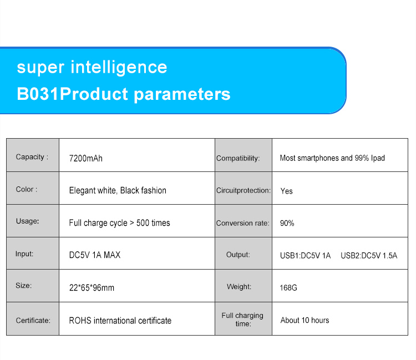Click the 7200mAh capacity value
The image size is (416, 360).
pyautogui.click(x=85, y=159)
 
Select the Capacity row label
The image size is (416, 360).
pyautogui.click(x=32, y=157)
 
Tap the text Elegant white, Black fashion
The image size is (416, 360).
pyautogui.click(x=118, y=190)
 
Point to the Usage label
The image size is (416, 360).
pyautogui.click(x=27, y=221)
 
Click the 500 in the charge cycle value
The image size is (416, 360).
pyautogui.click(x=143, y=223)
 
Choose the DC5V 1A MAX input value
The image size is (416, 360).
pyautogui.click(x=95, y=255)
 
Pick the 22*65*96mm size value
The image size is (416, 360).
pyautogui.click(x=92, y=287)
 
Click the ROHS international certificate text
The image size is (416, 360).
pyautogui.click(x=120, y=321)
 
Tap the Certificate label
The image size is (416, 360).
pyautogui.click(x=33, y=321)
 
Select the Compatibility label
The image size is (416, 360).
pyautogui.click(x=238, y=158)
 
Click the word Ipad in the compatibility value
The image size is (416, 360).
pyautogui.click(x=378, y=158)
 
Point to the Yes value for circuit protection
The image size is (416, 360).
pyautogui.click(x=287, y=191)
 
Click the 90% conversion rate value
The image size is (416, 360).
pyautogui.click(x=287, y=223)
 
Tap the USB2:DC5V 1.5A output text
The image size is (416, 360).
pyautogui.click(x=369, y=256)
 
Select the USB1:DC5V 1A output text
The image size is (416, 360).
pyautogui.click(x=306, y=256)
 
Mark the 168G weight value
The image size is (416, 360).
pyautogui.click(x=288, y=287)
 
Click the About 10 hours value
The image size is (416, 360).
pyautogui.click(x=305, y=320)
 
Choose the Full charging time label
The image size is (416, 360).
pyautogui.click(x=242, y=320)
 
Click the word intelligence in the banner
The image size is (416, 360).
pyautogui.click(x=119, y=68)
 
